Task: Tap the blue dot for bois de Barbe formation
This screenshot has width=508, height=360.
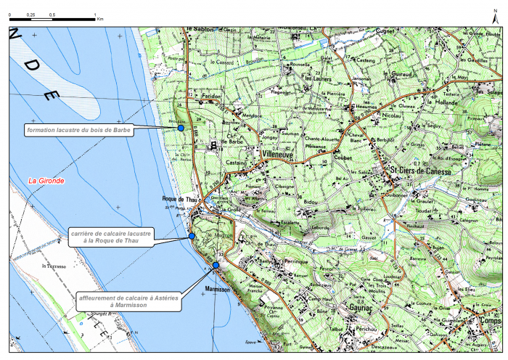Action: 181,128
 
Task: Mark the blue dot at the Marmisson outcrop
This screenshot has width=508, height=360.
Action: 216,266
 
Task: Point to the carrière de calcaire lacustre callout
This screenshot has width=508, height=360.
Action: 110,237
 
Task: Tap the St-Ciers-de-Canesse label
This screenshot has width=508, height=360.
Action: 420,171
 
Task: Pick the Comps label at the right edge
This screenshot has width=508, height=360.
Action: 492,319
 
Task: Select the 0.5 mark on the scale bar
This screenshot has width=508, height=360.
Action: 52,15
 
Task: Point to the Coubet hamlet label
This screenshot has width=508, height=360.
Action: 343,153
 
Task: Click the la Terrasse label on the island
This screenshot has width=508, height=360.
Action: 54,266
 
